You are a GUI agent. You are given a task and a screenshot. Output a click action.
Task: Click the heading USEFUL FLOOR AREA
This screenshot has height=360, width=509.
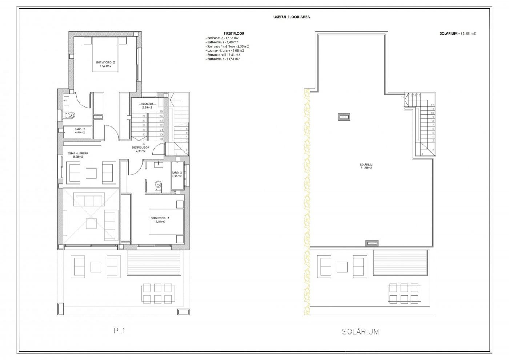pos(292,17)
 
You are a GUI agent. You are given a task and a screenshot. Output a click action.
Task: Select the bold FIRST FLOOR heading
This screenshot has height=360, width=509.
pos(234,33)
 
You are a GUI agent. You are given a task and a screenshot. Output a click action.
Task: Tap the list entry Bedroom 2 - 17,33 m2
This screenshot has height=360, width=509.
pos(222,38)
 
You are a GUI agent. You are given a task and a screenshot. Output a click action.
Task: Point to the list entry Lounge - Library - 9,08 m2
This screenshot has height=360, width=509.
pos(225,50)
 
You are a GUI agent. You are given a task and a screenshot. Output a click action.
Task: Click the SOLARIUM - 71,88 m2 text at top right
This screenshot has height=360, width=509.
pos(457,33)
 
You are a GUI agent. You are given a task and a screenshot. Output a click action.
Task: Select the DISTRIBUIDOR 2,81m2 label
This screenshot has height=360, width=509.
pos(141,149)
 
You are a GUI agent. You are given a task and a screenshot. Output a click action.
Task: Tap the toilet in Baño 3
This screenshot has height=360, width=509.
pos(158,186)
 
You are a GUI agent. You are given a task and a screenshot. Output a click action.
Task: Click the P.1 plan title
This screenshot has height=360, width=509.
pos(120,331)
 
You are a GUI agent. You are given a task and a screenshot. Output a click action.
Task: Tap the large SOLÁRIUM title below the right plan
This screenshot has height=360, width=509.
pos(360,331)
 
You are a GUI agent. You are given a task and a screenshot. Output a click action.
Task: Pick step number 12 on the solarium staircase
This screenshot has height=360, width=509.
pos(432,105)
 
